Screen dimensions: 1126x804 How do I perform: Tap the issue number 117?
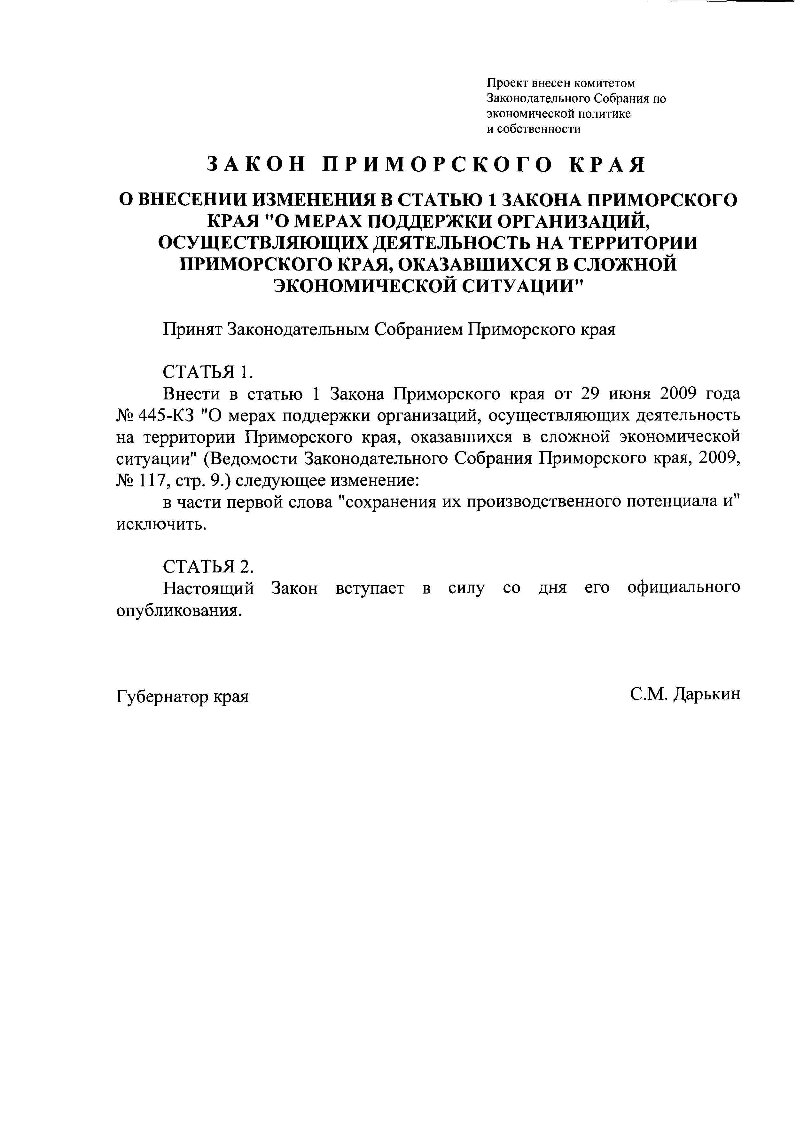click(149, 481)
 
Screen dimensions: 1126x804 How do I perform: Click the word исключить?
click(161, 524)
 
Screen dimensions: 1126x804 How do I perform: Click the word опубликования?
click(179, 610)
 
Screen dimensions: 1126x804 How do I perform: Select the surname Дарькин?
click(708, 694)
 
